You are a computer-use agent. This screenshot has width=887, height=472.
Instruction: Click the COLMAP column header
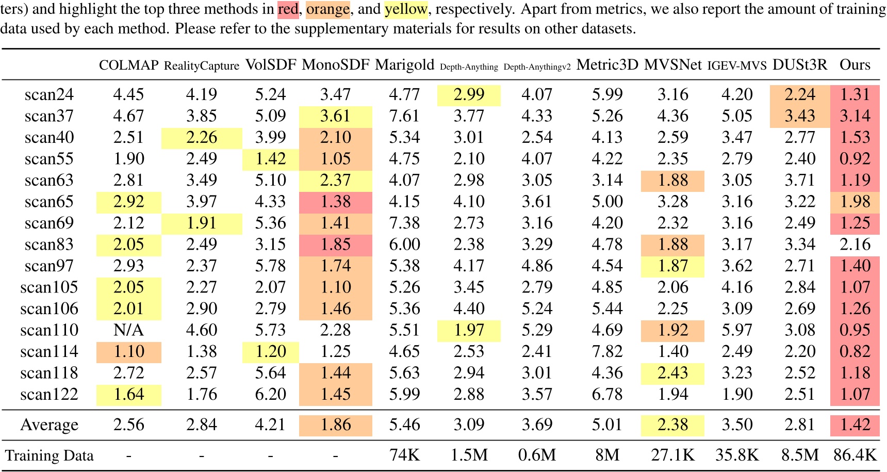(128, 65)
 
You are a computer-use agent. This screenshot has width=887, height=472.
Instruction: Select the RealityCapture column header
(202, 66)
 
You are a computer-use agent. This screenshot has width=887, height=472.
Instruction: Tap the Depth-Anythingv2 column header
(537, 67)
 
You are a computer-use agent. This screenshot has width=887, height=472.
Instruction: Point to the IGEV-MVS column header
(737, 66)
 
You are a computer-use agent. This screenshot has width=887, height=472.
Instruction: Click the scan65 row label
(49, 202)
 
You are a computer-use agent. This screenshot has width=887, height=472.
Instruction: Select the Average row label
(50, 425)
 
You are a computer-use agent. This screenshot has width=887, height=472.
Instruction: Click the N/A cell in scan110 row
(128, 330)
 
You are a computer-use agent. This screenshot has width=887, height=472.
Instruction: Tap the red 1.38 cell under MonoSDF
(335, 202)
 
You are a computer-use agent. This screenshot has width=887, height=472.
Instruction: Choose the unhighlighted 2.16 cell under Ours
(855, 245)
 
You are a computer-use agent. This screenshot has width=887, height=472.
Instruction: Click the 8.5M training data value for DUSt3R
(799, 455)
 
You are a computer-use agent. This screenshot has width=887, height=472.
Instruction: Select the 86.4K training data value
(855, 455)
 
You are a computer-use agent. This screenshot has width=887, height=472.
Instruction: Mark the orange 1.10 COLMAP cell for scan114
(128, 352)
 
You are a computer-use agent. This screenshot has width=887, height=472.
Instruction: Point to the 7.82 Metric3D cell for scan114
(607, 352)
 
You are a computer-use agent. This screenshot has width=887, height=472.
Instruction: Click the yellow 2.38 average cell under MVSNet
(672, 425)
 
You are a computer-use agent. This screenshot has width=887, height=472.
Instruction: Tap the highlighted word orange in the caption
(328, 9)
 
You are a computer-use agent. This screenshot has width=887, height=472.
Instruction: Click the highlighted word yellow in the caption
(406, 9)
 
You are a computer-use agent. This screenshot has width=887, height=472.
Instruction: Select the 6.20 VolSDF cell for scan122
(270, 395)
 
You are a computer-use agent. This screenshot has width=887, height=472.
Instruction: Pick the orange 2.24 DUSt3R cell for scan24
(799, 94)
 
